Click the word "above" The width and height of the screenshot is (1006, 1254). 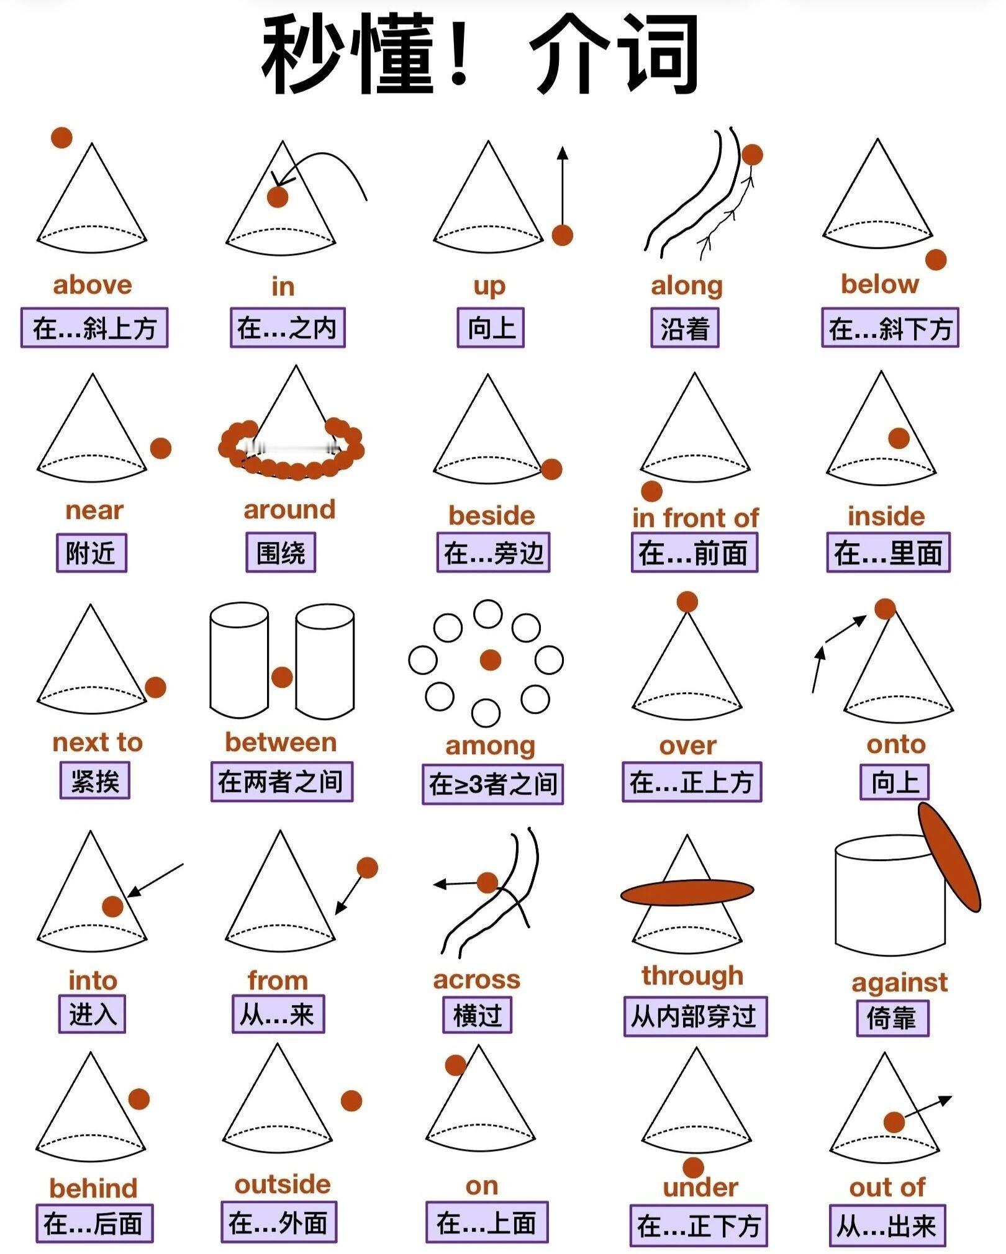93,285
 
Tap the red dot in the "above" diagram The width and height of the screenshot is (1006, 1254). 61,137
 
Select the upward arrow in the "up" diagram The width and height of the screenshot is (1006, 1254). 563,186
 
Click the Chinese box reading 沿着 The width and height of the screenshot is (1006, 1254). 685,328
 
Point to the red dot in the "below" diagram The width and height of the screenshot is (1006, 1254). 936,259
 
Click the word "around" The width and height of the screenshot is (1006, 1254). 289,510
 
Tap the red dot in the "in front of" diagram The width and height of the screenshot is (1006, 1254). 651,491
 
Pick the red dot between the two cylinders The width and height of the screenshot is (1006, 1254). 282,677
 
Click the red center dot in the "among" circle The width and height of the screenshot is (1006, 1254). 491,660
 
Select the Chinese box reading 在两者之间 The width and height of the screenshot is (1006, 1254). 282,782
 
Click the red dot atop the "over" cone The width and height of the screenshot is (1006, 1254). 687,602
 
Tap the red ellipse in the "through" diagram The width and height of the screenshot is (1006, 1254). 687,892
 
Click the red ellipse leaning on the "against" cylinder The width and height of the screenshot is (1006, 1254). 949,857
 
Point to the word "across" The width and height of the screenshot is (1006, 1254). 476,979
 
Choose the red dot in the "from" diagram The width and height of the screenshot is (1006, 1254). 367,867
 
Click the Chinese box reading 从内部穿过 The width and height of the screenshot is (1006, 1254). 696,1016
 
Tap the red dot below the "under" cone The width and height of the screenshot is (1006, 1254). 693,1167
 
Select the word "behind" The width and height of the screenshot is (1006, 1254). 93,1188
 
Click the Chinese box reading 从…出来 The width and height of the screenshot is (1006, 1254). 887,1225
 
